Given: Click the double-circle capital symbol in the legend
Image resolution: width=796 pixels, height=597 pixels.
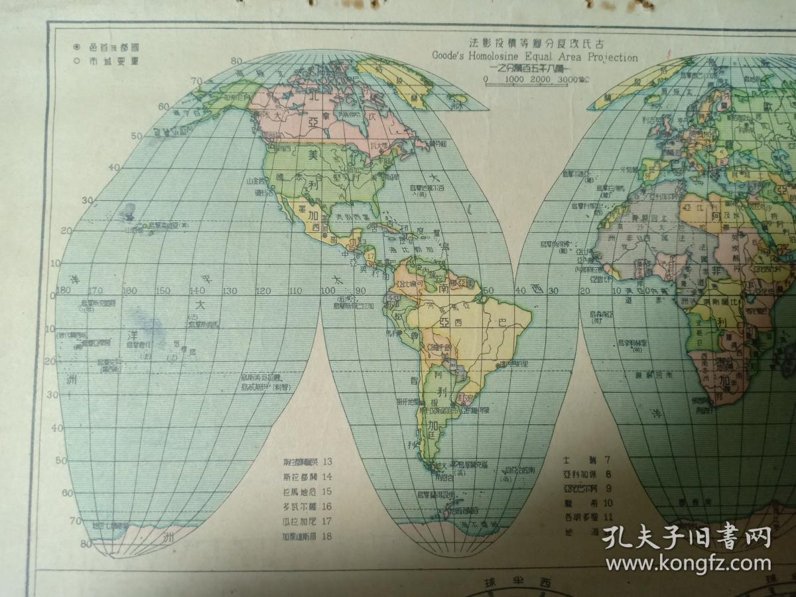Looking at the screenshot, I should pos(77,47).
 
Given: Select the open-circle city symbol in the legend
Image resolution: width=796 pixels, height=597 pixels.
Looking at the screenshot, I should pos(77,60).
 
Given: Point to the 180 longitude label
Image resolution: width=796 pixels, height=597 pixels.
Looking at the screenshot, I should pos(64,291).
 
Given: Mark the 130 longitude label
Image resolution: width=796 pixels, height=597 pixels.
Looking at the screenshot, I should pos(230,291).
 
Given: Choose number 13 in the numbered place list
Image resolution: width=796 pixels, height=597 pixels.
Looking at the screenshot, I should pos(326,462).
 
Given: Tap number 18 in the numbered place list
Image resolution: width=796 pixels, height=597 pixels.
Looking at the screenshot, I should pos(326,536).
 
